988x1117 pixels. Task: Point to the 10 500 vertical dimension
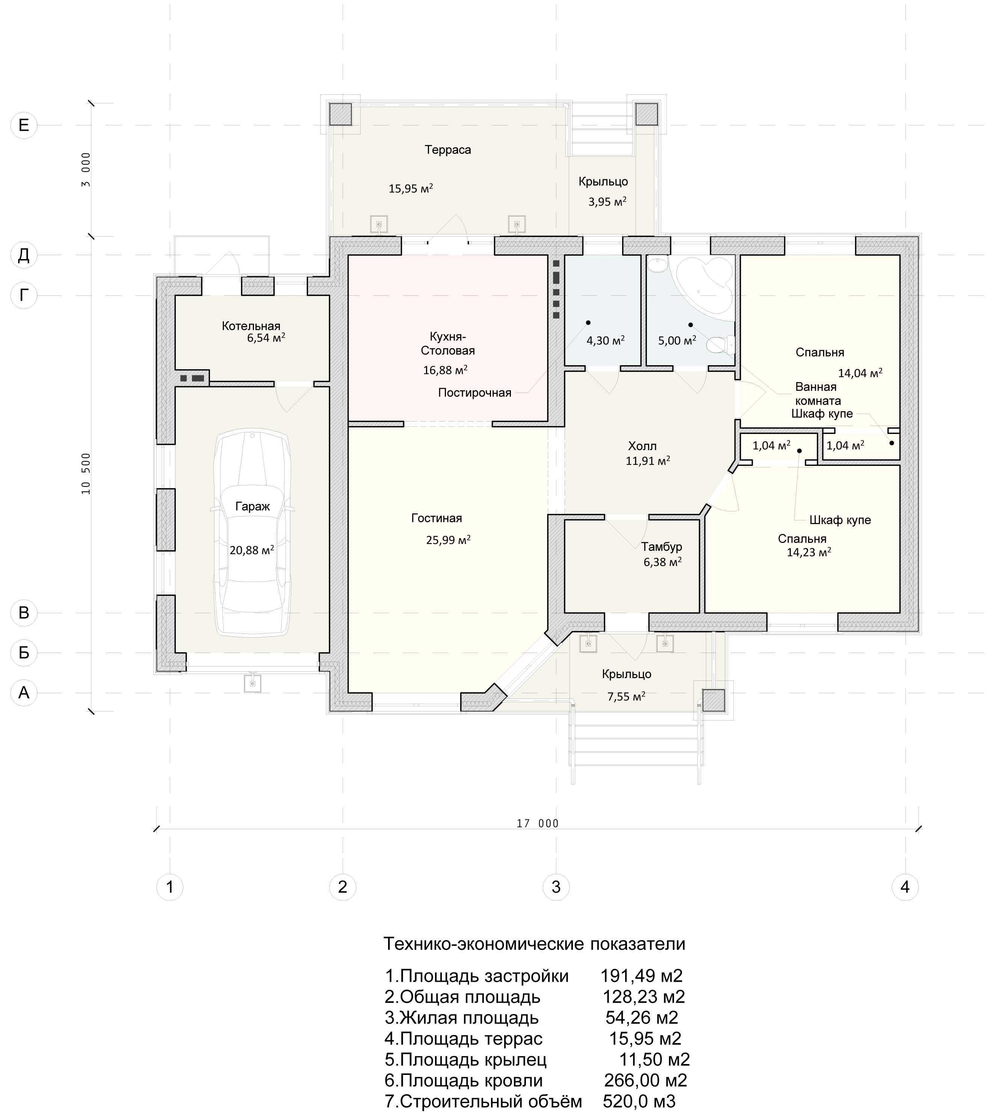(86, 474)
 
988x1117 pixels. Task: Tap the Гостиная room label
(437, 518)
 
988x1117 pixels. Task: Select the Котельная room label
(251, 326)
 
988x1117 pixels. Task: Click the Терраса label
(448, 150)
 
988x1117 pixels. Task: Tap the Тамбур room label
(662, 547)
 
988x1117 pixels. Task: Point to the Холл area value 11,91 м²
(648, 461)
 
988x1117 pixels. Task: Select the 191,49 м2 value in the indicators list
(642, 976)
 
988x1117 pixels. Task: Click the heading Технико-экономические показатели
(535, 944)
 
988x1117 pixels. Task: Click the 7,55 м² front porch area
(626, 696)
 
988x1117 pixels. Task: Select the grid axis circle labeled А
(24, 693)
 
